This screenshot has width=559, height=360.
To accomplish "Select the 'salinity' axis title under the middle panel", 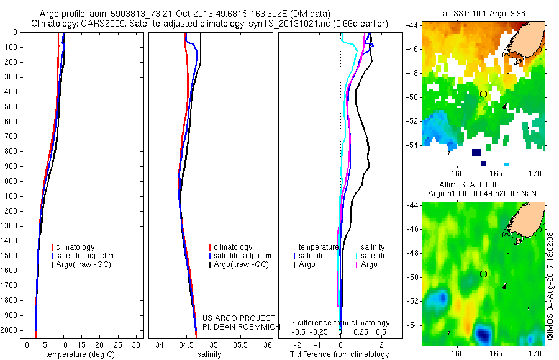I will pyautogui.click(x=210, y=354).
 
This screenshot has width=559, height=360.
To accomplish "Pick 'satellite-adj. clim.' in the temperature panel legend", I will pyautogui.click(x=90, y=256).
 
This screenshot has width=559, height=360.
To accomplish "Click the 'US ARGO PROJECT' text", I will pyautogui.click(x=239, y=318).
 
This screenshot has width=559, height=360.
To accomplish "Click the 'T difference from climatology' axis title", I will pyautogui.click(x=339, y=354).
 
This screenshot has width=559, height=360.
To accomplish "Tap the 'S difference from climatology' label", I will pyautogui.click(x=340, y=323).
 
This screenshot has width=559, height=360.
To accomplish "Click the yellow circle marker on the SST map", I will pyautogui.click(x=483, y=94).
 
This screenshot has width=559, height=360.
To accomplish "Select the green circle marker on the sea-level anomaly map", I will pyautogui.click(x=483, y=274).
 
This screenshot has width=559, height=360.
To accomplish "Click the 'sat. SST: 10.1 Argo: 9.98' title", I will pyautogui.click(x=483, y=14).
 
